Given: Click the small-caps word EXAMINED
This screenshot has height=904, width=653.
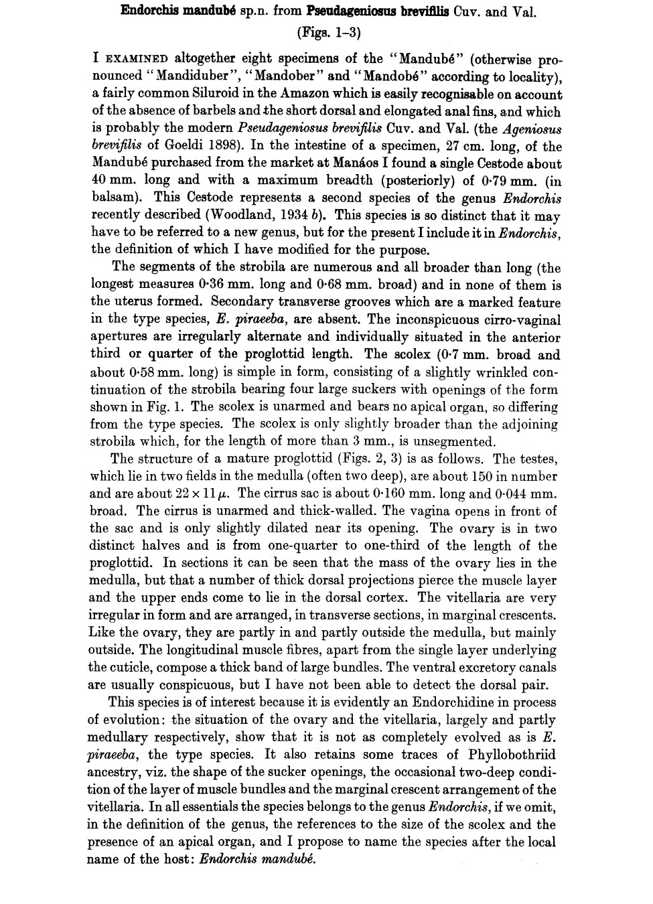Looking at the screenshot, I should (x=133, y=59).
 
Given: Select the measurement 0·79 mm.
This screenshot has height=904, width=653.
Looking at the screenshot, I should (x=504, y=181).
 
